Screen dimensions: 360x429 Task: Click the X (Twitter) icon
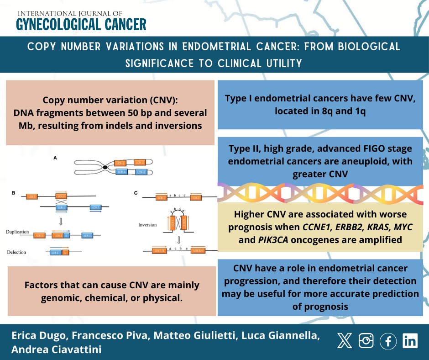click(344, 341)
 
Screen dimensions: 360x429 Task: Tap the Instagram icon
click(366, 341)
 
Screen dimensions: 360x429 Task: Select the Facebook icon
click(388, 341)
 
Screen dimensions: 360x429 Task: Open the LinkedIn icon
click(410, 341)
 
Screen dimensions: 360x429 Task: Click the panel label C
click(136, 194)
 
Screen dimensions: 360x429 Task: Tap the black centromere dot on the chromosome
click(105, 168)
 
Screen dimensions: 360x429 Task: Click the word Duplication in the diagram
click(19, 232)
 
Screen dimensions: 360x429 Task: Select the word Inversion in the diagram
click(148, 225)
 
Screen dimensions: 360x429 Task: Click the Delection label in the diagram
click(17, 252)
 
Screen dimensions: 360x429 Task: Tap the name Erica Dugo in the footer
click(36, 336)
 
